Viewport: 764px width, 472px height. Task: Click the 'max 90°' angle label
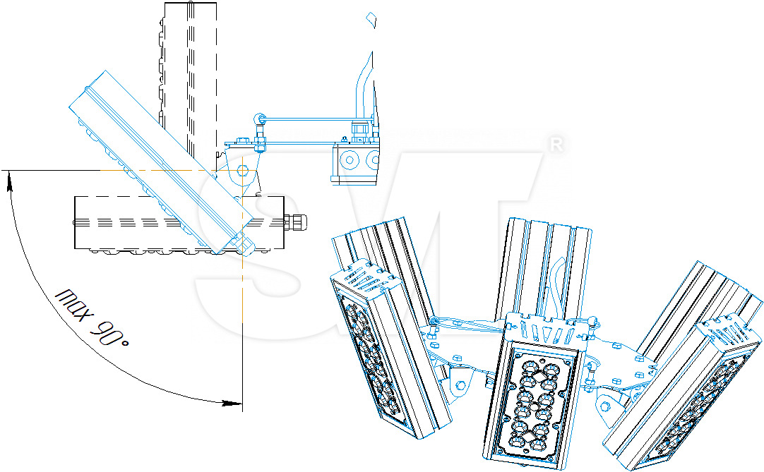95,317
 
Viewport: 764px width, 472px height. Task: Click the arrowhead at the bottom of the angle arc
233,404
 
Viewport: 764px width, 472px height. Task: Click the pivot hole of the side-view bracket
243,170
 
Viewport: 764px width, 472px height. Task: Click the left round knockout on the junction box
347,160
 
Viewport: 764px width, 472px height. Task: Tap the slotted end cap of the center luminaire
543,328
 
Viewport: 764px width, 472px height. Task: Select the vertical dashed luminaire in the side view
188,78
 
